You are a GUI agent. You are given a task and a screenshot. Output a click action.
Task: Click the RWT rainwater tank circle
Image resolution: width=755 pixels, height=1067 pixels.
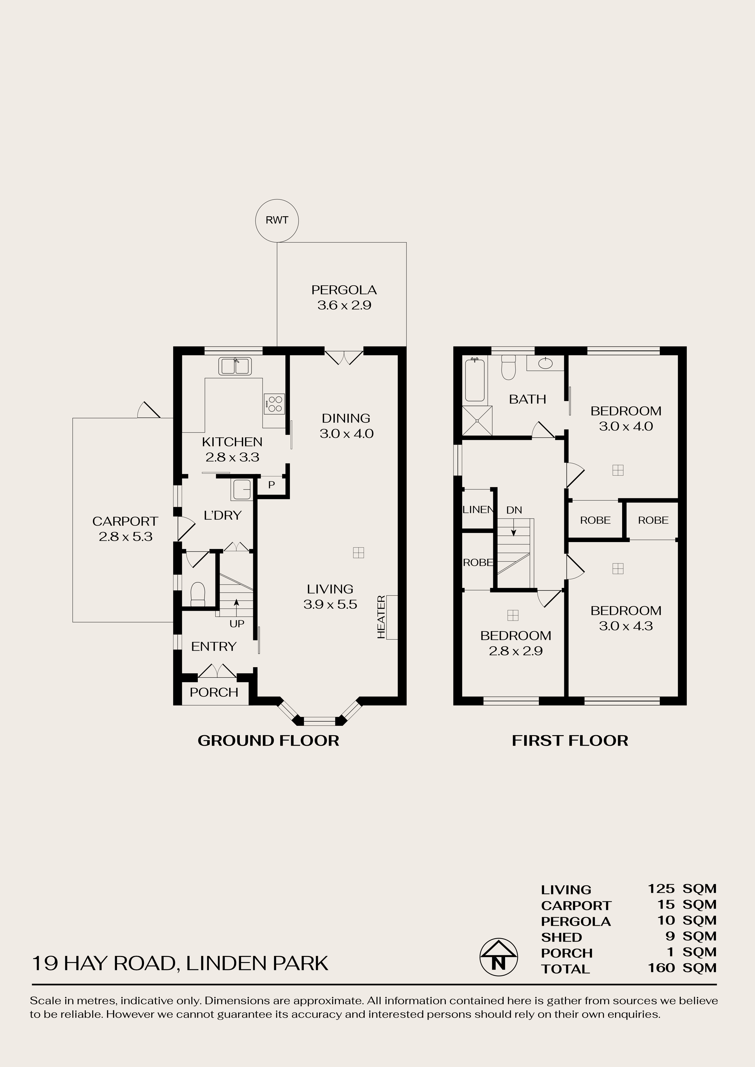click(x=277, y=221)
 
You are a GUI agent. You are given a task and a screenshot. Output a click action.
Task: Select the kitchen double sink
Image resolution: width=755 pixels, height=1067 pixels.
click(x=235, y=366)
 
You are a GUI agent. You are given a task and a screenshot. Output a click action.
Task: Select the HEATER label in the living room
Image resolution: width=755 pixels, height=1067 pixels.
click(x=381, y=617)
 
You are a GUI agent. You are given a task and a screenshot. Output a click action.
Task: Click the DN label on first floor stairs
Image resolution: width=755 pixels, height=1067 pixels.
click(x=514, y=510)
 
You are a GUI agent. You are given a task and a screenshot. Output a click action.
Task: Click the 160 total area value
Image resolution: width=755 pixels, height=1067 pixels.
click(x=662, y=968)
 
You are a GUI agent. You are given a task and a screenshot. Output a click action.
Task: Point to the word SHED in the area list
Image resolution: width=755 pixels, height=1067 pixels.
click(x=562, y=937)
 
